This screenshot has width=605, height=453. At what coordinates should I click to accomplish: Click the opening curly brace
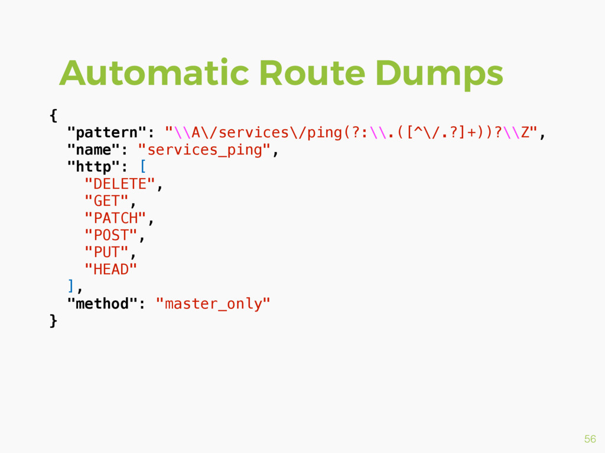[54, 116]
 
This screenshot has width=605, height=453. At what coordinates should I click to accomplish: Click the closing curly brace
[54, 321]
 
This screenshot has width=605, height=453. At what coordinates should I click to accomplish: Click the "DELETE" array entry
[119, 184]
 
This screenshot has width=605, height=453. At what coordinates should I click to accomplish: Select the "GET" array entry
[106, 201]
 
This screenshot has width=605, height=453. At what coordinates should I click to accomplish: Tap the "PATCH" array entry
[115, 218]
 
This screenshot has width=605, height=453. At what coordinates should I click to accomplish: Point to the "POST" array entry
[110, 235]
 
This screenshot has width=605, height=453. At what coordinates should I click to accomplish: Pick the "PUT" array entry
[106, 252]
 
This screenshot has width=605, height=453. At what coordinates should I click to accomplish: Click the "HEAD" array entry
[110, 270]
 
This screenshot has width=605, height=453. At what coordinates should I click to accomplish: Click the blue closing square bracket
[71, 287]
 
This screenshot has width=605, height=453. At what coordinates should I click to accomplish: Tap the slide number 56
[590, 439]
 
